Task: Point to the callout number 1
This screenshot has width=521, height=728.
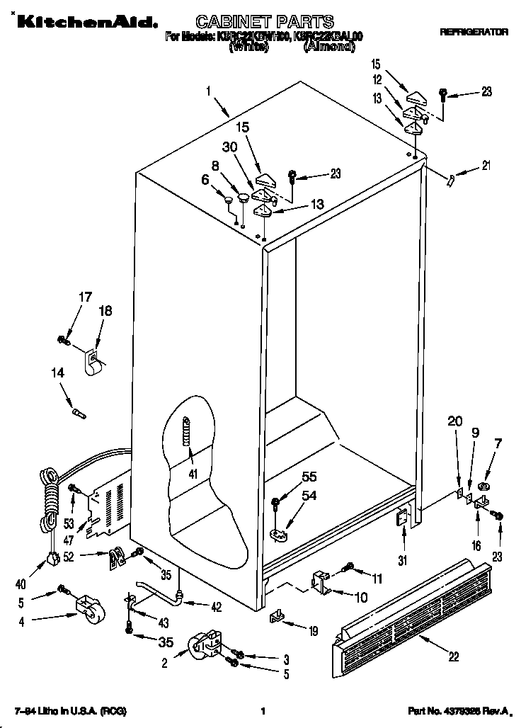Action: (x=209, y=91)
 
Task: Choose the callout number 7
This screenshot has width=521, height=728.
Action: (x=498, y=444)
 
